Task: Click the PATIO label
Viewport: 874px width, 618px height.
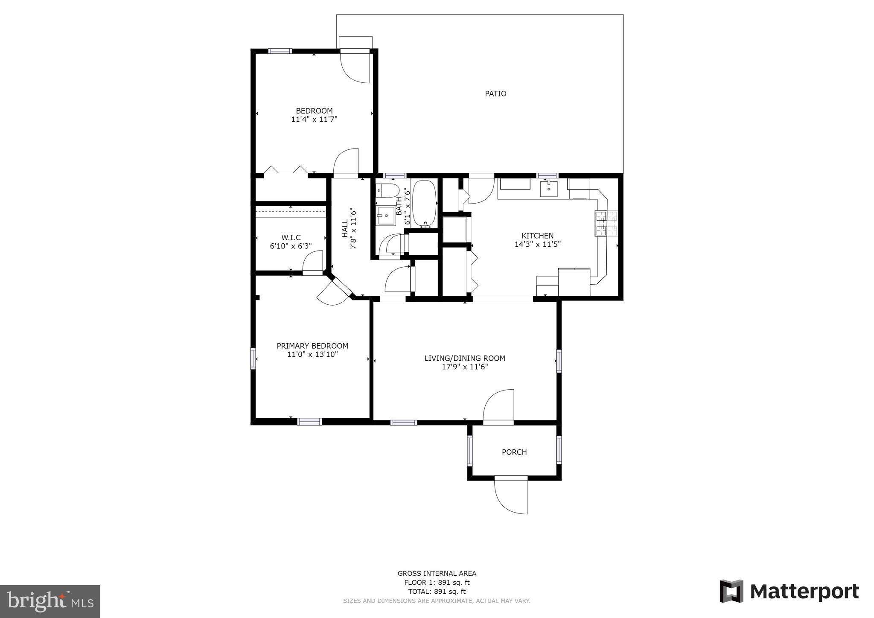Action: [x=495, y=93]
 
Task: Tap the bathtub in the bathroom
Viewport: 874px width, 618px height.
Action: [x=424, y=203]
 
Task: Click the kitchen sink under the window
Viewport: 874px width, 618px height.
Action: [x=548, y=188]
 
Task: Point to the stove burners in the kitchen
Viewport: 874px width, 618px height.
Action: [x=601, y=224]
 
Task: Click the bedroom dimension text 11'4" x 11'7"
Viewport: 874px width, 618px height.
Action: [x=314, y=120]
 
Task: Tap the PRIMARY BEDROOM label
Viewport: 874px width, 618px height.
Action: [x=312, y=346]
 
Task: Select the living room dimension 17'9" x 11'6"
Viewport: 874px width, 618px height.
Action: [x=465, y=367]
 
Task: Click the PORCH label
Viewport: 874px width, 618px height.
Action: [x=514, y=452]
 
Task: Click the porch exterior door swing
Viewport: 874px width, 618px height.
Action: [x=511, y=497]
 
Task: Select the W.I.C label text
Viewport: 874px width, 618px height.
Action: [x=291, y=238]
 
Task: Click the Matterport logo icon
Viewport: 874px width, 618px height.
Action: [x=731, y=591]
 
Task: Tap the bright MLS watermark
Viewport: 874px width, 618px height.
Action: [x=50, y=602]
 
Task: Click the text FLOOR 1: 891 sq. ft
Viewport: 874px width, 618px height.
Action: [x=437, y=583]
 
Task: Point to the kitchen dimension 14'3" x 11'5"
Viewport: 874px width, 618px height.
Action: [x=537, y=244]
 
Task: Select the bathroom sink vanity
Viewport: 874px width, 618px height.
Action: [x=386, y=216]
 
